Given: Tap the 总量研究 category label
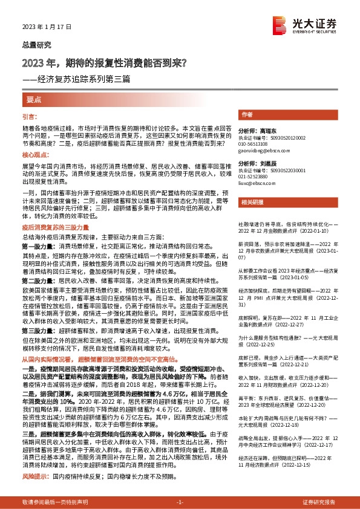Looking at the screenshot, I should coord(35,45).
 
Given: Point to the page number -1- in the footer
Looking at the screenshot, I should coord(180,502).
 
